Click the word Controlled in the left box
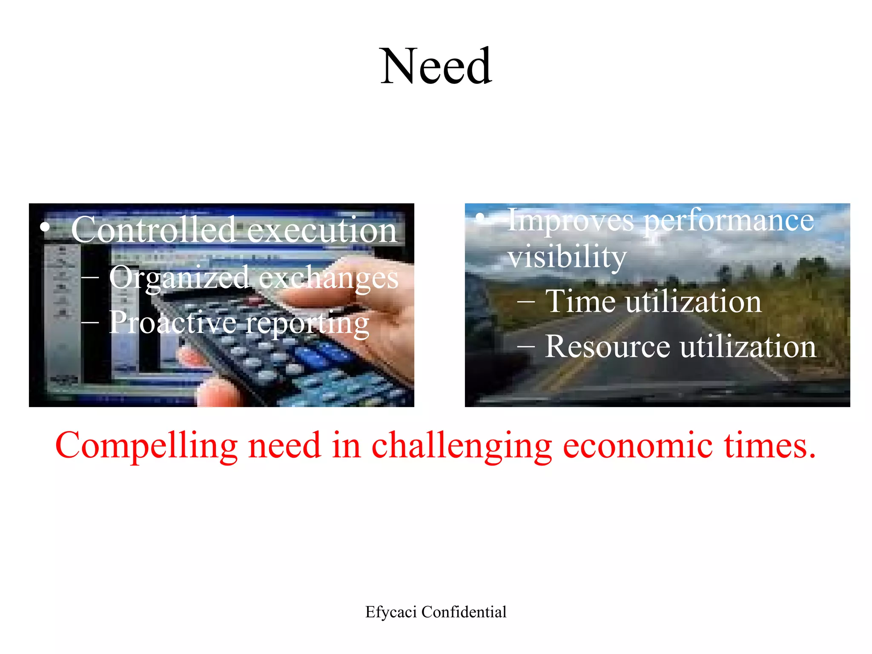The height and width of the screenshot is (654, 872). click(x=153, y=230)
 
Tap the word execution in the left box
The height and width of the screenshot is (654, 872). click(x=322, y=230)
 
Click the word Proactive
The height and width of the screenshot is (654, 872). click(x=172, y=322)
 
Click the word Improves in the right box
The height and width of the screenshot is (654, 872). click(x=571, y=221)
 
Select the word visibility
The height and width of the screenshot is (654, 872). click(x=567, y=257)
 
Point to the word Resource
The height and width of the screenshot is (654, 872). click(x=608, y=346)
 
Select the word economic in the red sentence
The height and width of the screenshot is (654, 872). click(x=637, y=445)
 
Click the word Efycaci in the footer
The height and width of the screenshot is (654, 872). click(x=391, y=612)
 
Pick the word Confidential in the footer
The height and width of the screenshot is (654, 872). click(x=464, y=612)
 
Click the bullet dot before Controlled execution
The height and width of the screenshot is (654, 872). click(x=44, y=227)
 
